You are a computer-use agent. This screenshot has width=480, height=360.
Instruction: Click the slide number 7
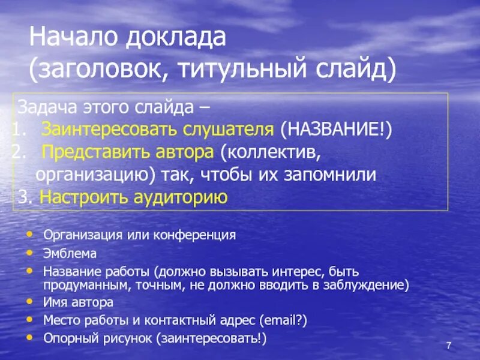click(448, 346)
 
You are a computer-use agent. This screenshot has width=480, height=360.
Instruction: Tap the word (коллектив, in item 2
click(270, 152)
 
